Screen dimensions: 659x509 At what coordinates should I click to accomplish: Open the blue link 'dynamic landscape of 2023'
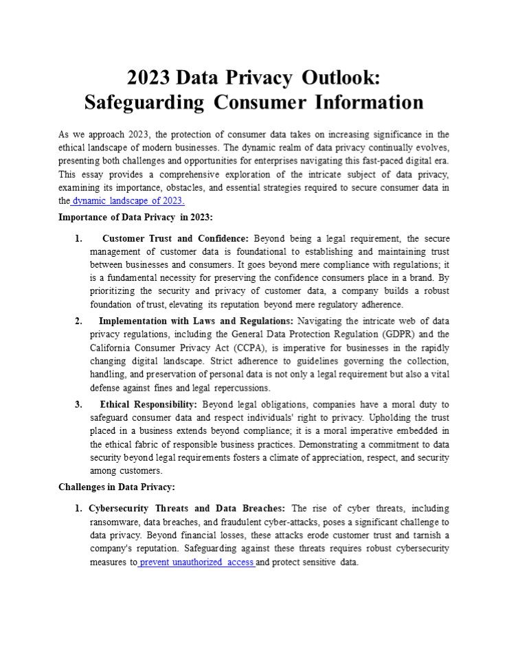pyautogui.click(x=128, y=201)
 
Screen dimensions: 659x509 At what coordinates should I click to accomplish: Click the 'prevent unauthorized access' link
pyautogui.click(x=196, y=562)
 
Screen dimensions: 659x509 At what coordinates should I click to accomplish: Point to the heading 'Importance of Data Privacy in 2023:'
pyautogui.click(x=135, y=218)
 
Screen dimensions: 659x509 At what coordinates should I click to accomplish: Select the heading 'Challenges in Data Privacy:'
pyautogui.click(x=117, y=487)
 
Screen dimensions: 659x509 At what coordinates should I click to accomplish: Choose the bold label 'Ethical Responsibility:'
pyautogui.click(x=148, y=404)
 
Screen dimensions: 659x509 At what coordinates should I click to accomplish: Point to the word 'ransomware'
pyautogui.click(x=115, y=522)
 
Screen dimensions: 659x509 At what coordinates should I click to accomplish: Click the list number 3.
pyautogui.click(x=78, y=404)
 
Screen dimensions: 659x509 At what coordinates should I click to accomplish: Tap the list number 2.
pyautogui.click(x=78, y=321)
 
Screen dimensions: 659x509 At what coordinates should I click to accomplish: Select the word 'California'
pyautogui.click(x=114, y=347)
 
